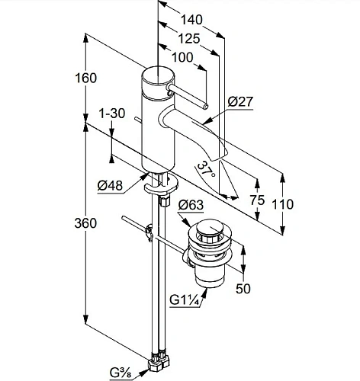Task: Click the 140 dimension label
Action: [x=191, y=20]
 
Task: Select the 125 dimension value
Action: [x=188, y=39]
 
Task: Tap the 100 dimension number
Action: [x=182, y=58]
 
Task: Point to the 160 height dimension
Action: [x=85, y=78]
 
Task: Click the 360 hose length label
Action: [x=85, y=223]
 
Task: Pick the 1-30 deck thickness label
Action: [x=112, y=114]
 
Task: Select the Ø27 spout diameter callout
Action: [x=240, y=102]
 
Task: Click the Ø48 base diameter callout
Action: [x=110, y=185]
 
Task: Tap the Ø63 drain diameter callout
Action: [x=191, y=205]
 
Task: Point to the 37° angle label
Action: [x=207, y=169]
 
